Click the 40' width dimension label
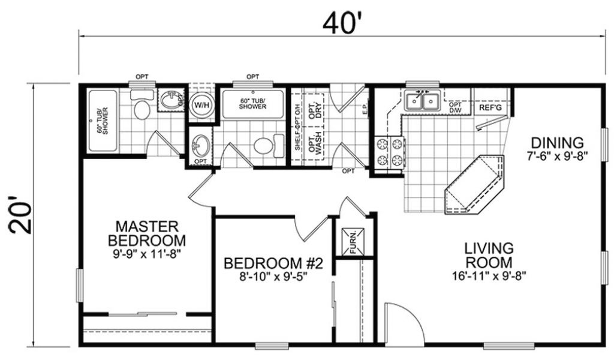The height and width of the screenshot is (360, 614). pyautogui.click(x=339, y=23)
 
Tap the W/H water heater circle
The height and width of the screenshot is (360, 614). pyautogui.click(x=201, y=105)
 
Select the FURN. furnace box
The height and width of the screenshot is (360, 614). pyautogui.click(x=353, y=242)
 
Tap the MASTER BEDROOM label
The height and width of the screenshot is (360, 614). pyautogui.click(x=147, y=233)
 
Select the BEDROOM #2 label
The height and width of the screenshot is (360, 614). pyautogui.click(x=273, y=263)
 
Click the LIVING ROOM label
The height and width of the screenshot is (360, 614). pyautogui.click(x=489, y=255)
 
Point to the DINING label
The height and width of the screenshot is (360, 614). pyautogui.click(x=557, y=143)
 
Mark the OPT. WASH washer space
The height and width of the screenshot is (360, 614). pyautogui.click(x=315, y=142)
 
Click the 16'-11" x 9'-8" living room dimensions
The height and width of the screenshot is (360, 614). pyautogui.click(x=489, y=276)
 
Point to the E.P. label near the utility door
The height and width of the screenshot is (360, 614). pyautogui.click(x=365, y=111)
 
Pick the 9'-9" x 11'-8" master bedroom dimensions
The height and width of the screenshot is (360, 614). pyautogui.click(x=147, y=254)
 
